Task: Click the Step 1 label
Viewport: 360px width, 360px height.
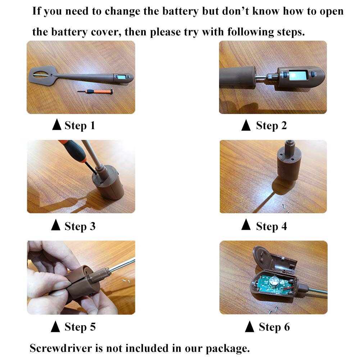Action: coord(80,126)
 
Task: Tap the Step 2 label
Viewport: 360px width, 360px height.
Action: coord(272,126)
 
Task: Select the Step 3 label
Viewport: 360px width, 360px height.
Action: coord(80,226)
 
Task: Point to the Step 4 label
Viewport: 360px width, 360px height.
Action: coord(272,226)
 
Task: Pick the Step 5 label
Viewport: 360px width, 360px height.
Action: coord(80,327)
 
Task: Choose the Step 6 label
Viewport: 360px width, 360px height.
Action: coord(274,327)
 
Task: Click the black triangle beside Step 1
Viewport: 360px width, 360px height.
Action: coord(57,124)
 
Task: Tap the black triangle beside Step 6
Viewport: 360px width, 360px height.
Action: coord(250,326)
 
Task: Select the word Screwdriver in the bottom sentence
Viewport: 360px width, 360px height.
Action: coord(61,348)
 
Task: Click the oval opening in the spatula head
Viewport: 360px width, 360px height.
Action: coord(41,74)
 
